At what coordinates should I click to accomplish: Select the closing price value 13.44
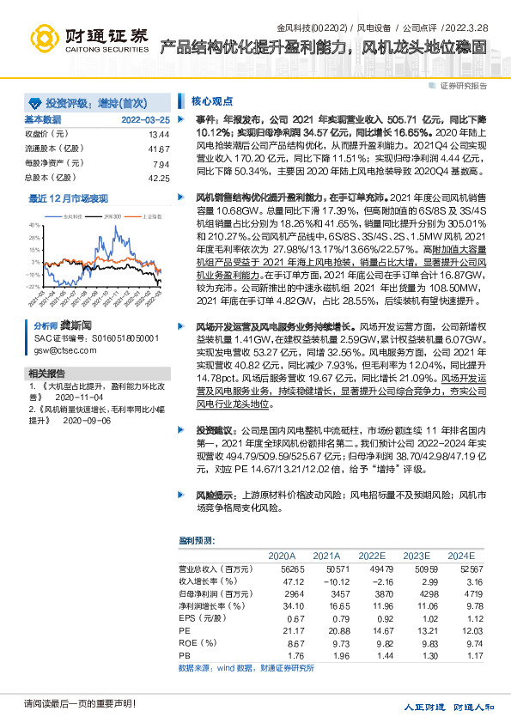[x=159, y=135]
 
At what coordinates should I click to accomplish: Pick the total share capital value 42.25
[x=159, y=178]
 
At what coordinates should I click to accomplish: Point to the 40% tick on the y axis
[x=34, y=224]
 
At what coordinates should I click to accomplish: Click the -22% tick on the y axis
[x=33, y=286]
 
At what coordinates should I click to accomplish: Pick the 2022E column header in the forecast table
[x=372, y=555]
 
